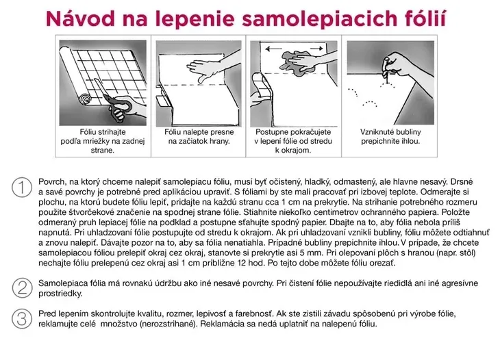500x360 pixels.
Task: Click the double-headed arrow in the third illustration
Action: click(x=295, y=48)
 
